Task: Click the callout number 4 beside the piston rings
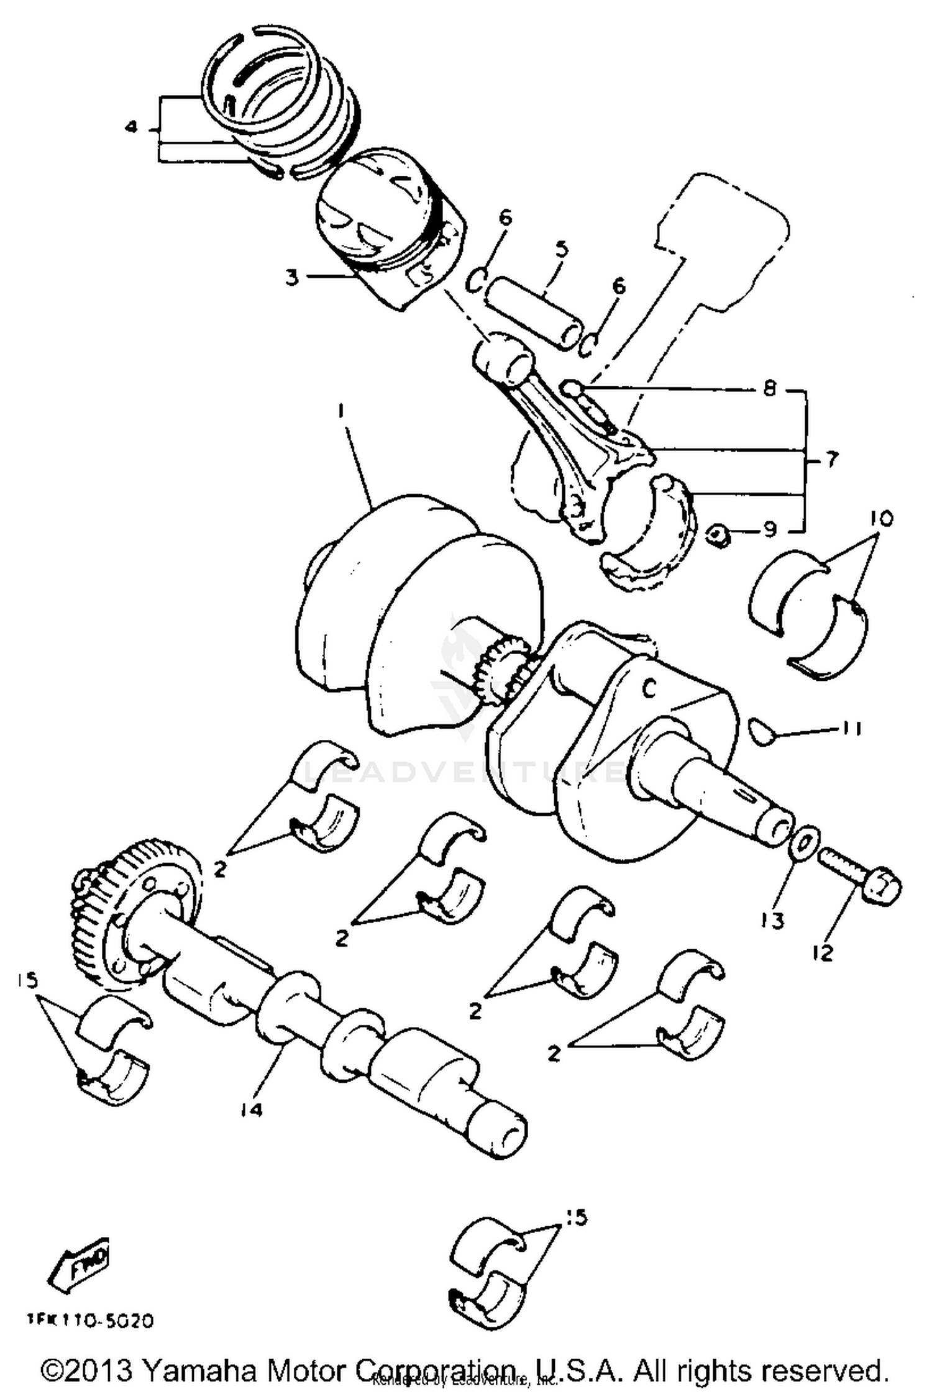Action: [130, 127]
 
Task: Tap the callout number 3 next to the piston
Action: [292, 277]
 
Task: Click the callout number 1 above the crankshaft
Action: [340, 411]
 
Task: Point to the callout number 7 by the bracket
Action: [831, 460]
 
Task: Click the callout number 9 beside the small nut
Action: [769, 529]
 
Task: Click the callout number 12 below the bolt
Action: [823, 952]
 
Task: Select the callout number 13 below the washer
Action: [772, 921]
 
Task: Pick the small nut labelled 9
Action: [719, 534]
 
